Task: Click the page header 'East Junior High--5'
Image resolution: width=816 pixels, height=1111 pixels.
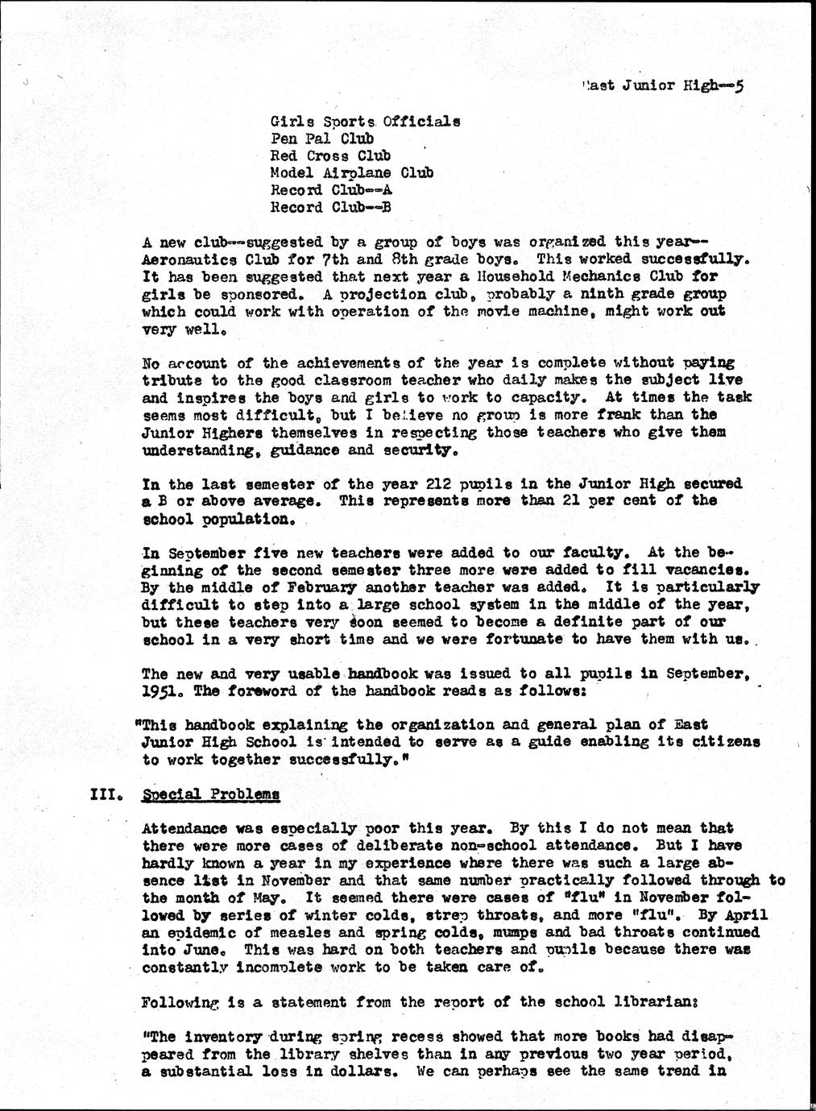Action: pos(665,85)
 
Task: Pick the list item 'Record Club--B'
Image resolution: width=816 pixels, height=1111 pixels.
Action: pos(330,207)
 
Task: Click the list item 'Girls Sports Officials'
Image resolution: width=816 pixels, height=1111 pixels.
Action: pos(365,122)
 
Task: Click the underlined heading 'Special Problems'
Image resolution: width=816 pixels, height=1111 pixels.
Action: pos(211,794)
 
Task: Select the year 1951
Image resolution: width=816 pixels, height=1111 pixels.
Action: pos(158,690)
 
